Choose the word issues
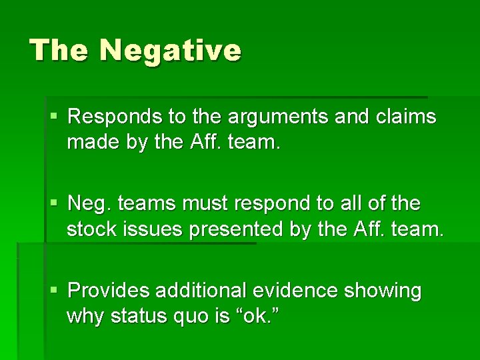(x=154, y=230)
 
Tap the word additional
(x=207, y=291)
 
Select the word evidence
(x=305, y=291)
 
